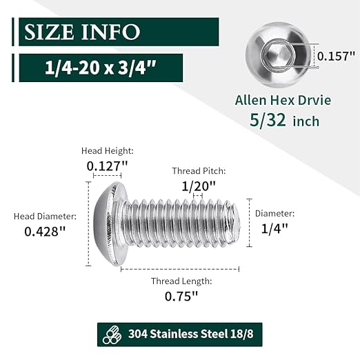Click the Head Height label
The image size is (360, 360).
(107, 150)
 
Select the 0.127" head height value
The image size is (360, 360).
(108, 166)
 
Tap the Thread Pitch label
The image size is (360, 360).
(199, 170)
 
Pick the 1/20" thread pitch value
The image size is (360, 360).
(199, 186)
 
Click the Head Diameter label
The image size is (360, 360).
(43, 217)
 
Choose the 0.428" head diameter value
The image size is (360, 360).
(45, 232)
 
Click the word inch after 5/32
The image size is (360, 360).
(305, 121)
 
